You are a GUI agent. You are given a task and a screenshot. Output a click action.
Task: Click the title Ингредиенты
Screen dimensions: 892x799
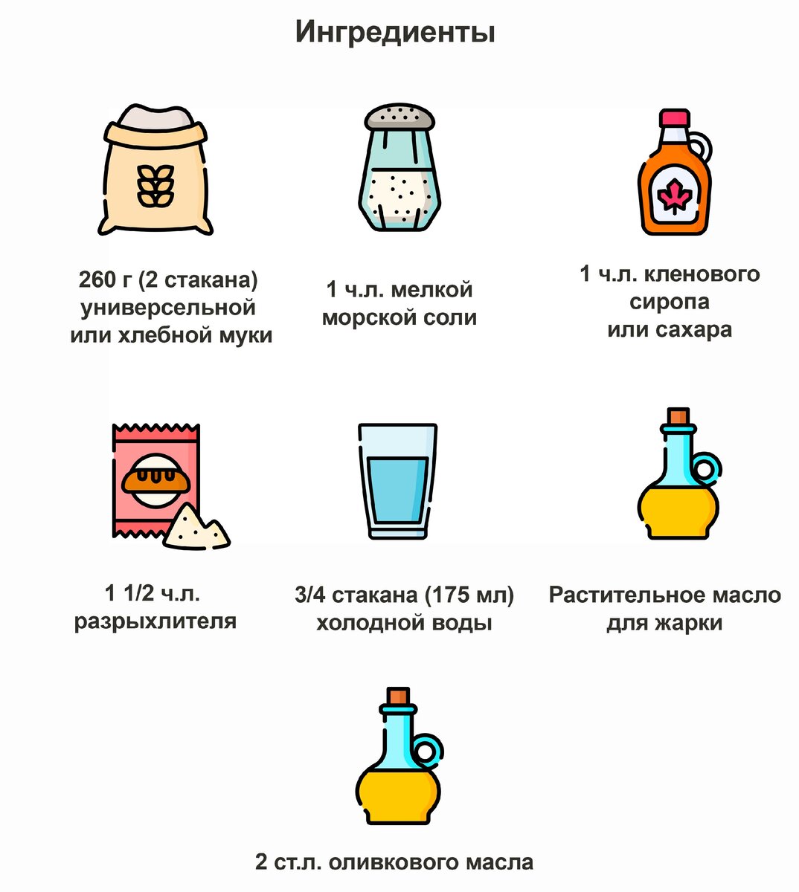pyautogui.click(x=395, y=33)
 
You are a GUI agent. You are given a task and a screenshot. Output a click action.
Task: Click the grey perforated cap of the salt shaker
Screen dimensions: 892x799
pyautogui.click(x=399, y=117)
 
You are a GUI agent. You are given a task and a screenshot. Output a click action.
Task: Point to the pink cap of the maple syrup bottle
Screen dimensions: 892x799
pyautogui.click(x=675, y=118)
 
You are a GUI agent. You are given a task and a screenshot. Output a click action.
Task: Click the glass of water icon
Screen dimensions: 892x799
pyautogui.click(x=398, y=481)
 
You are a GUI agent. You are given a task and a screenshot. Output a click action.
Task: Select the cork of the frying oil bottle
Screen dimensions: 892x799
pyautogui.click(x=678, y=417)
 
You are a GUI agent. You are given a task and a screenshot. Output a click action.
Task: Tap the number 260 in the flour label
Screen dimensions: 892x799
pyautogui.click(x=97, y=281)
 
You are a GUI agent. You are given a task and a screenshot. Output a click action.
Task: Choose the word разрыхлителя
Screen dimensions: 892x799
pyautogui.click(x=155, y=621)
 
